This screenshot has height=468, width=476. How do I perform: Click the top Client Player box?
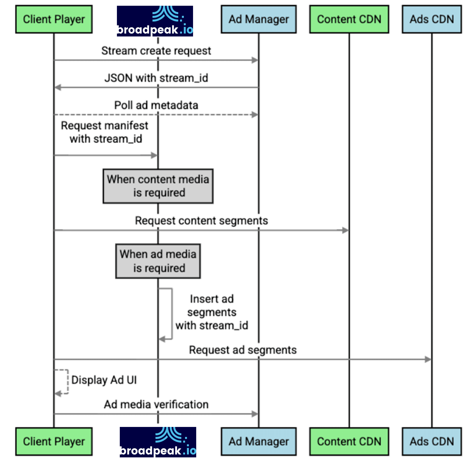point(54,19)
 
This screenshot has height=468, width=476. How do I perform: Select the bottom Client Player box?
point(54,441)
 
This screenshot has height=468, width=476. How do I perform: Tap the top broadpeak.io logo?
point(155,21)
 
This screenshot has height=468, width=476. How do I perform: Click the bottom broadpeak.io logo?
point(158,442)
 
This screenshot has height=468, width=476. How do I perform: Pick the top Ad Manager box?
point(259,19)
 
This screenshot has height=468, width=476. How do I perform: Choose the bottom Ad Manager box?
point(259,441)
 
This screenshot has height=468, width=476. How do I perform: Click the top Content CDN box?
point(349,19)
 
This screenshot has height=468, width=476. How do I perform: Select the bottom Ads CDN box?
point(432,441)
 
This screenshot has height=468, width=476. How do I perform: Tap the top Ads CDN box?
point(432,19)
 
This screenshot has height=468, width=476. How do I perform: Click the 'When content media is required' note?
point(158,186)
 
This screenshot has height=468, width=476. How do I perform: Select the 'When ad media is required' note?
point(158,261)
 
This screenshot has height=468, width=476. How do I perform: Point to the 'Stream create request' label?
point(156,51)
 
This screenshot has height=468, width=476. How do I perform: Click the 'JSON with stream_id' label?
point(156,78)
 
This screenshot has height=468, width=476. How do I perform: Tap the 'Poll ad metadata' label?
point(156,105)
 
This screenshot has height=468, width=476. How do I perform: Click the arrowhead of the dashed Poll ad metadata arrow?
point(255,115)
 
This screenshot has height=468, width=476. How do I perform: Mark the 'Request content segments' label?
point(201,221)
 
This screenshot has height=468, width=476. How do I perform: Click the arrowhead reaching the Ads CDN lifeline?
point(428,359)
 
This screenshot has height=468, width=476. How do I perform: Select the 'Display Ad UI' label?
point(104,380)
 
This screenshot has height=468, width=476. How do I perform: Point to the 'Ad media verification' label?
point(156,405)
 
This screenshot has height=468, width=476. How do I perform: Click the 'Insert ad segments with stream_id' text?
point(212,312)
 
